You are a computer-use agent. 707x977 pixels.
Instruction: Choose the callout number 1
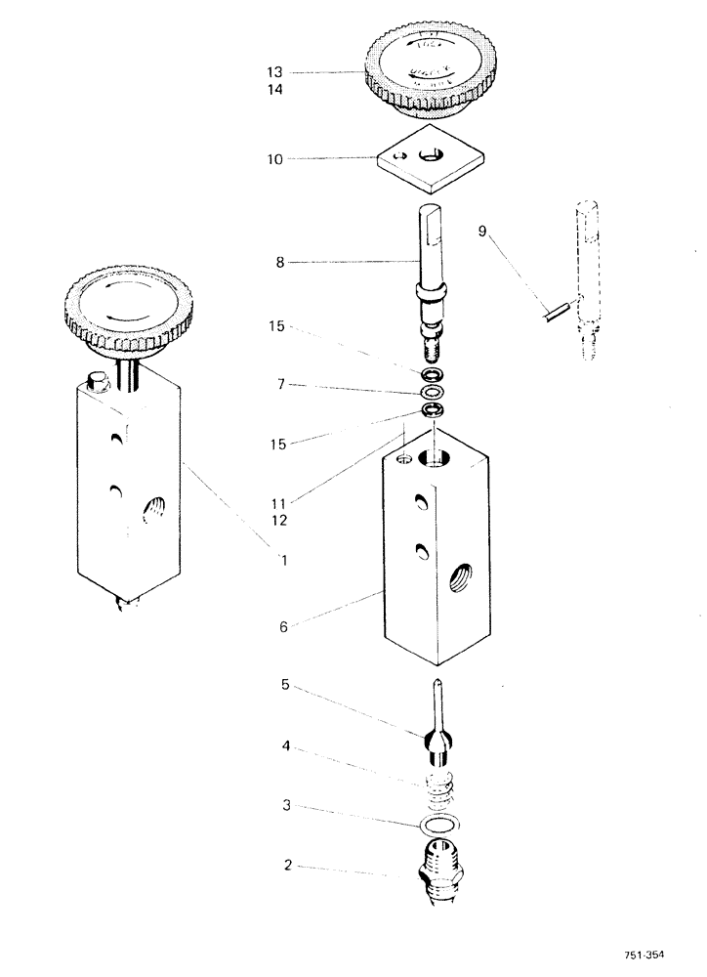282,560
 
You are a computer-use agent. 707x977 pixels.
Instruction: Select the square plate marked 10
431,160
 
